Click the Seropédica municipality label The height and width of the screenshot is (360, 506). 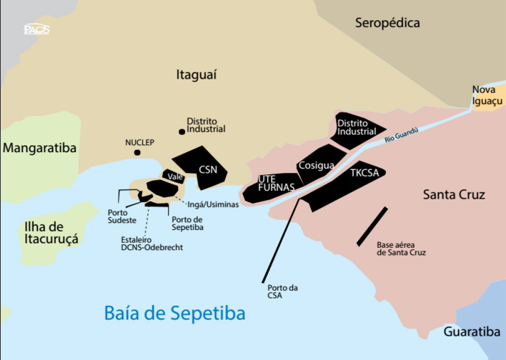[x=388, y=24]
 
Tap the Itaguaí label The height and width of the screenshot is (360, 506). [x=196, y=74]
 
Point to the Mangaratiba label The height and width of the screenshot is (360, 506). [x=39, y=149]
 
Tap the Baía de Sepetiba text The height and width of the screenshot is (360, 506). [x=174, y=313]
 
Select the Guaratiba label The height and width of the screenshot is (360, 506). [x=472, y=332]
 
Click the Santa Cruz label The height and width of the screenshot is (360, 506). [x=454, y=195]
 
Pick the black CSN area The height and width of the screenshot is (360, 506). [x=207, y=169]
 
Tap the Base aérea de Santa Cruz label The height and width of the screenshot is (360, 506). [x=401, y=249]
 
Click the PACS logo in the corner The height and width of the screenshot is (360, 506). [x=36, y=29]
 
